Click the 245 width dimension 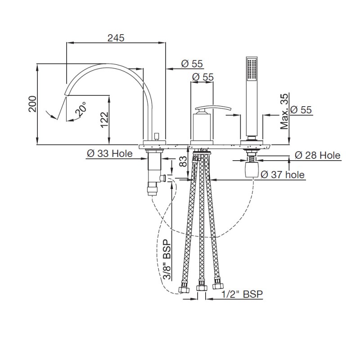click(x=116, y=38)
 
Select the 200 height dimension click(x=32, y=104)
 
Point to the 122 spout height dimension click(x=104, y=120)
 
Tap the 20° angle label click(x=81, y=109)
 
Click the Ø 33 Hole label click(x=110, y=153)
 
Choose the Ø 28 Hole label click(x=318, y=155)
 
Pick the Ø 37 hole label click(x=283, y=175)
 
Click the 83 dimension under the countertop click(x=183, y=162)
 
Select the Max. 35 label click(x=284, y=111)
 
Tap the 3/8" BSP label click(x=167, y=260)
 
